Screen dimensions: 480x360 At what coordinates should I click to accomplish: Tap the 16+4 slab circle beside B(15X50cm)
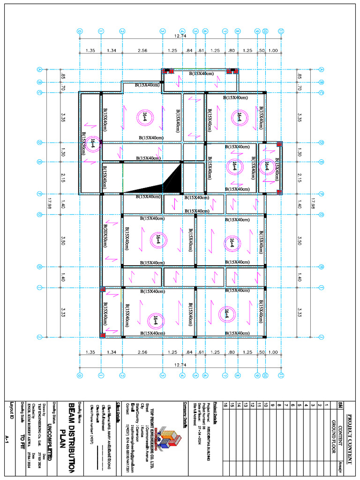[x=93, y=144]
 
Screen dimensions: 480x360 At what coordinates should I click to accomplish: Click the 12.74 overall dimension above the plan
[x=180, y=36]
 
